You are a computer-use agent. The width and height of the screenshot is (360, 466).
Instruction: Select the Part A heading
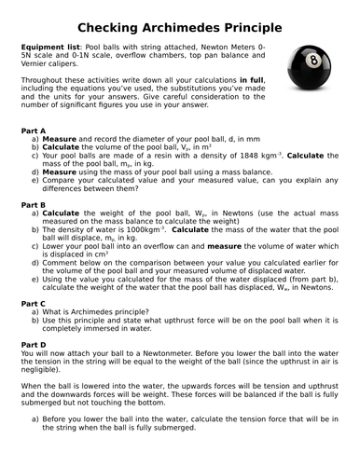coord(35,131)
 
